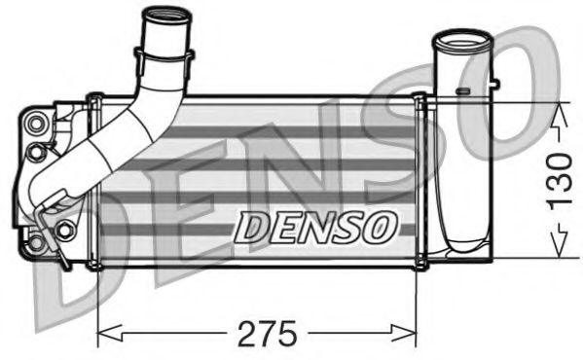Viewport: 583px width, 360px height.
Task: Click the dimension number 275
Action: point(269,334)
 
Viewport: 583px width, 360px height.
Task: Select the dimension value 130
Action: point(558,182)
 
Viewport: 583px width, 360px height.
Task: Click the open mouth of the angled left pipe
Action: point(164,18)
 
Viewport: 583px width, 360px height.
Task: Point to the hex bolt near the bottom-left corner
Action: point(38,241)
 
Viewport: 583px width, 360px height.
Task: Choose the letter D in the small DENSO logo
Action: point(252,228)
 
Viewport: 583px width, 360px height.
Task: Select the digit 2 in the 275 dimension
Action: point(248,334)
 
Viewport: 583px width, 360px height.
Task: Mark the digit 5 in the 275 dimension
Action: point(288,334)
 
